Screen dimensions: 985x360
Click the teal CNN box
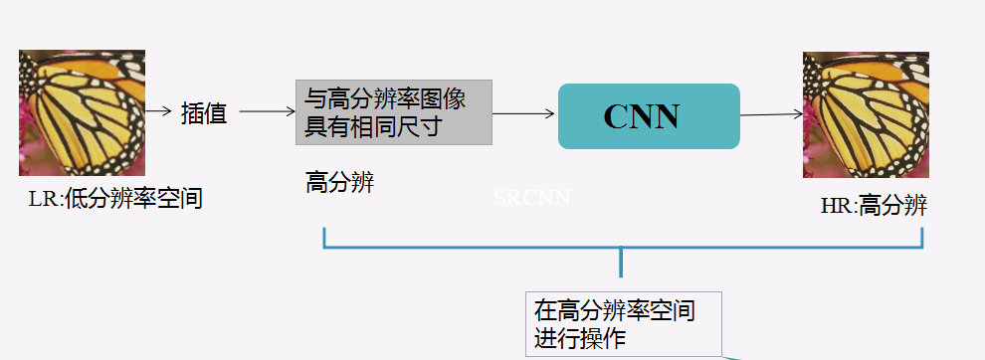coord(648,116)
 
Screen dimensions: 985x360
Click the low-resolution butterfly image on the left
coord(82,112)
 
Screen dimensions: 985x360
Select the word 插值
coord(204,113)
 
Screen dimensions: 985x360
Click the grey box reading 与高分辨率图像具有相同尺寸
coord(393,112)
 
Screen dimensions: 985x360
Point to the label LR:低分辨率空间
coord(115,199)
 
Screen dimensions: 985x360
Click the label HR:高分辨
coord(874,206)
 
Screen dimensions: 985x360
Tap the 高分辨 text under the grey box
coord(339,182)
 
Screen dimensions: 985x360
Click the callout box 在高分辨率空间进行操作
coord(623,323)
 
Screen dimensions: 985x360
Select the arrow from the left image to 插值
coord(158,111)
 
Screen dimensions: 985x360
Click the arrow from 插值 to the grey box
coord(268,112)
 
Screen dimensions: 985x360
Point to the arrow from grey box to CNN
coord(523,114)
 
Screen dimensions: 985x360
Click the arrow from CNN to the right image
coord(771,115)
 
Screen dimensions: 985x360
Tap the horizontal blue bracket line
coord(623,246)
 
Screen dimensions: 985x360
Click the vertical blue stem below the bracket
coord(622,264)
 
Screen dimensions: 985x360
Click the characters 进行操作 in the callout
coord(580,337)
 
